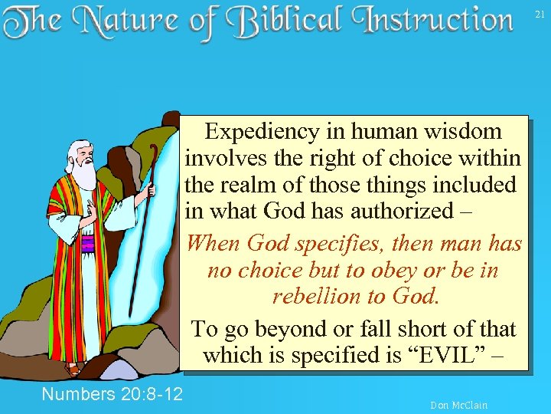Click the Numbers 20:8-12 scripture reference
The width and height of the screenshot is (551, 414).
point(112,394)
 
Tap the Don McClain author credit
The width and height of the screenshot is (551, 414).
point(458,405)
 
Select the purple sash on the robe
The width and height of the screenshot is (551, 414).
point(87,245)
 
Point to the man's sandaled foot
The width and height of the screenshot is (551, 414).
point(73,368)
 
